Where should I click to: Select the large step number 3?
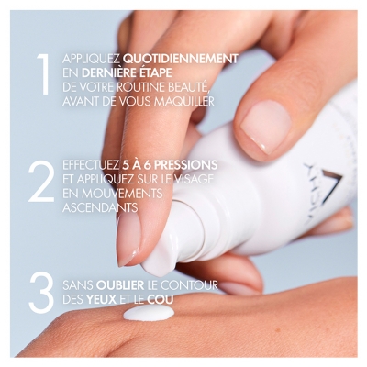(x=41, y=291)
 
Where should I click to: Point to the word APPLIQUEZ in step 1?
(x=90, y=59)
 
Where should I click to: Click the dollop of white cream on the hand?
(x=149, y=313)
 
